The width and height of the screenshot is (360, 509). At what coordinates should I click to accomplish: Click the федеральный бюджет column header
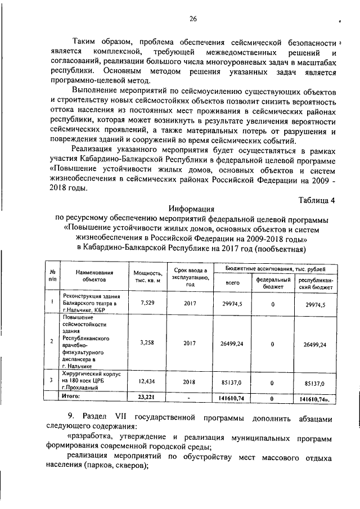[273, 283]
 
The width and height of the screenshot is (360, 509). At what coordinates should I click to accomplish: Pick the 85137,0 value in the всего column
[232, 381]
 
